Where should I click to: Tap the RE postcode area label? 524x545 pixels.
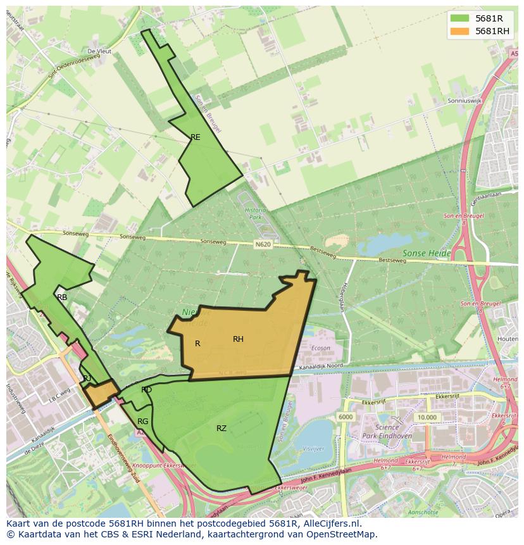pyautogui.click(x=196, y=137)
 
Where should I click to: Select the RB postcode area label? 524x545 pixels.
pyautogui.click(x=62, y=297)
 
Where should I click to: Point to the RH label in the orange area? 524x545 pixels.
pyautogui.click(x=238, y=339)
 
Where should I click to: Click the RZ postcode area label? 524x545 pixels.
pyautogui.click(x=221, y=429)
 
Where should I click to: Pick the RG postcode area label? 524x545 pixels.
pyautogui.click(x=143, y=422)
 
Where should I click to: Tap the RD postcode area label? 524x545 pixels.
pyautogui.click(x=146, y=390)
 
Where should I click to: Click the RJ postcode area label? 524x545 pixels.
pyautogui.click(x=87, y=379)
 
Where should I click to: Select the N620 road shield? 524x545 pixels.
pyautogui.click(x=264, y=244)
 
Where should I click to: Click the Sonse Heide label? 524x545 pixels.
pyautogui.click(x=427, y=253)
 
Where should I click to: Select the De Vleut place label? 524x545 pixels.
pyautogui.click(x=99, y=51)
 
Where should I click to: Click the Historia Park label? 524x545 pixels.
pyautogui.click(x=255, y=213)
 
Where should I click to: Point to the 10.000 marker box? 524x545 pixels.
pyautogui.click(x=427, y=418)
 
